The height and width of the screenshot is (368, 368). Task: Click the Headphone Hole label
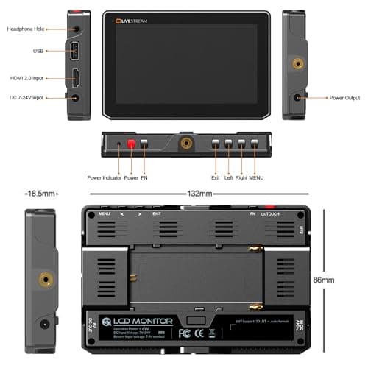[26, 29]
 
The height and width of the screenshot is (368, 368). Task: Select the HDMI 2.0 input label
[26, 78]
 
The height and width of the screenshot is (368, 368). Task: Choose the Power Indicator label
[105, 177]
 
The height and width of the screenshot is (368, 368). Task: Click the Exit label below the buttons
[216, 177]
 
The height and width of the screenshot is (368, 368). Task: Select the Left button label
[229, 177]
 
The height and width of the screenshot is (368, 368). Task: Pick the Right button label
[242, 177]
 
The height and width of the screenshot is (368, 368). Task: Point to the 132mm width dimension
[199, 194]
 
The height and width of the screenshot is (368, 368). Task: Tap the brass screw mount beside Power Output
[297, 64]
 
